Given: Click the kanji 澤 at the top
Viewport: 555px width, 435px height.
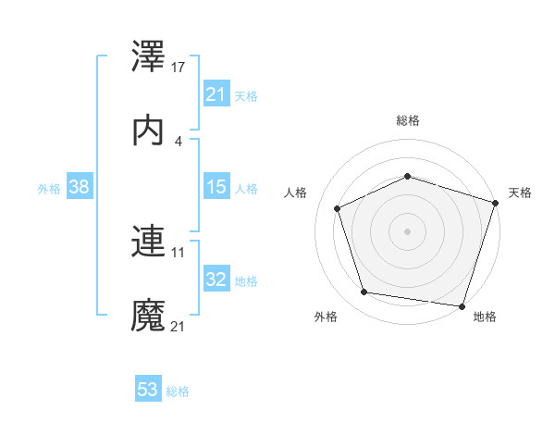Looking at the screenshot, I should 149,55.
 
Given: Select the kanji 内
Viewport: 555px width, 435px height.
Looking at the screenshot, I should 149,130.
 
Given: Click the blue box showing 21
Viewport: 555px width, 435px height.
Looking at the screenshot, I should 216,93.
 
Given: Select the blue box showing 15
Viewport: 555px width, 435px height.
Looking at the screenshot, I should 216,187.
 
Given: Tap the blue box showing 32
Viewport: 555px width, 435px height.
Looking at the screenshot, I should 216,280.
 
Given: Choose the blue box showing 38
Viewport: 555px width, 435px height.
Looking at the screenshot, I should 80,187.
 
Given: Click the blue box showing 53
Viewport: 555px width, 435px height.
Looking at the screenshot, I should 148,390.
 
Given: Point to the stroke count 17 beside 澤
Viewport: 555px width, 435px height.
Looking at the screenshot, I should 179,67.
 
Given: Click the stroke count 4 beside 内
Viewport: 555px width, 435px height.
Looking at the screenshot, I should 179,141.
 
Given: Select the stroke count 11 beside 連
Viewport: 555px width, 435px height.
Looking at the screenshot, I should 179,252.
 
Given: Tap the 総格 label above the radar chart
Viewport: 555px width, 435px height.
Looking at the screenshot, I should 408,120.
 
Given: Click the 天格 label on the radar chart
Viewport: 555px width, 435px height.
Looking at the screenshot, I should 520,193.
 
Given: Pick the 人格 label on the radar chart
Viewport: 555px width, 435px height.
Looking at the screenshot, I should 296,193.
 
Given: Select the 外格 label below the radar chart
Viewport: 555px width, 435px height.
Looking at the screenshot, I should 326,317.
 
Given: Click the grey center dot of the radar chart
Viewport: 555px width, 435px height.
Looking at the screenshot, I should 408,230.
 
